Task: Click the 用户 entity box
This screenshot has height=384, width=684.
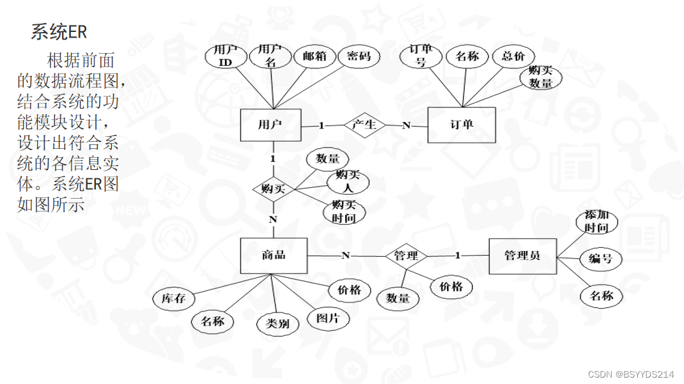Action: click(270, 125)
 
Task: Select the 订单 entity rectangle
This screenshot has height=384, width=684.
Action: click(461, 125)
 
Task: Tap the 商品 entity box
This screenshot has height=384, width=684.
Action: click(274, 256)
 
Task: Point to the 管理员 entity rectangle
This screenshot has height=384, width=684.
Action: click(522, 256)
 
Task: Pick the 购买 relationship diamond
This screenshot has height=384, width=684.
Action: click(273, 189)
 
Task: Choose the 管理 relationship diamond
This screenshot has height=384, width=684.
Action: click(406, 256)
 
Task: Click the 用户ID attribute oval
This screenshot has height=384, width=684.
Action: click(224, 56)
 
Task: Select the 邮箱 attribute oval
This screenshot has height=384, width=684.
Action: click(314, 57)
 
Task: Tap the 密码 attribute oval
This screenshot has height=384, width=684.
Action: click(359, 57)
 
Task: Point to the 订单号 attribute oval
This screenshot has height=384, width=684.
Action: click(421, 56)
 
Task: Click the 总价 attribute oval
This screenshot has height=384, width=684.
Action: click(513, 57)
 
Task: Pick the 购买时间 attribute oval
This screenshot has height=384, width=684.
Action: click(344, 211)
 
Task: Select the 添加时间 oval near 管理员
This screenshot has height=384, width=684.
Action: click(596, 221)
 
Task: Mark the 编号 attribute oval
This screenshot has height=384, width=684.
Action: click(600, 259)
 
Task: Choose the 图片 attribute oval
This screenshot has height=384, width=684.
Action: click(329, 318)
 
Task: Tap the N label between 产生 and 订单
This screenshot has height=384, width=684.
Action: click(406, 125)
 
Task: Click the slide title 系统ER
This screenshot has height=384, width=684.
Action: click(59, 31)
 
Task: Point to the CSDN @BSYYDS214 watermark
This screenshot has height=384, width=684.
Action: click(631, 374)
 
